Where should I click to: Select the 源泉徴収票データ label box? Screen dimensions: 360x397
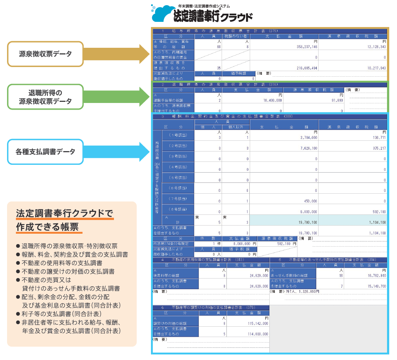(x=45, y=54)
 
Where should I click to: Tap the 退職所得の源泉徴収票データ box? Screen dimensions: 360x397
(x=45, y=97)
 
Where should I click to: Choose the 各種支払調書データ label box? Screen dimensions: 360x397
(x=45, y=151)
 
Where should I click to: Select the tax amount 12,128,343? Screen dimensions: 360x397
(x=374, y=47)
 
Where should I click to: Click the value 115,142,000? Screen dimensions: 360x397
(x=255, y=323)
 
